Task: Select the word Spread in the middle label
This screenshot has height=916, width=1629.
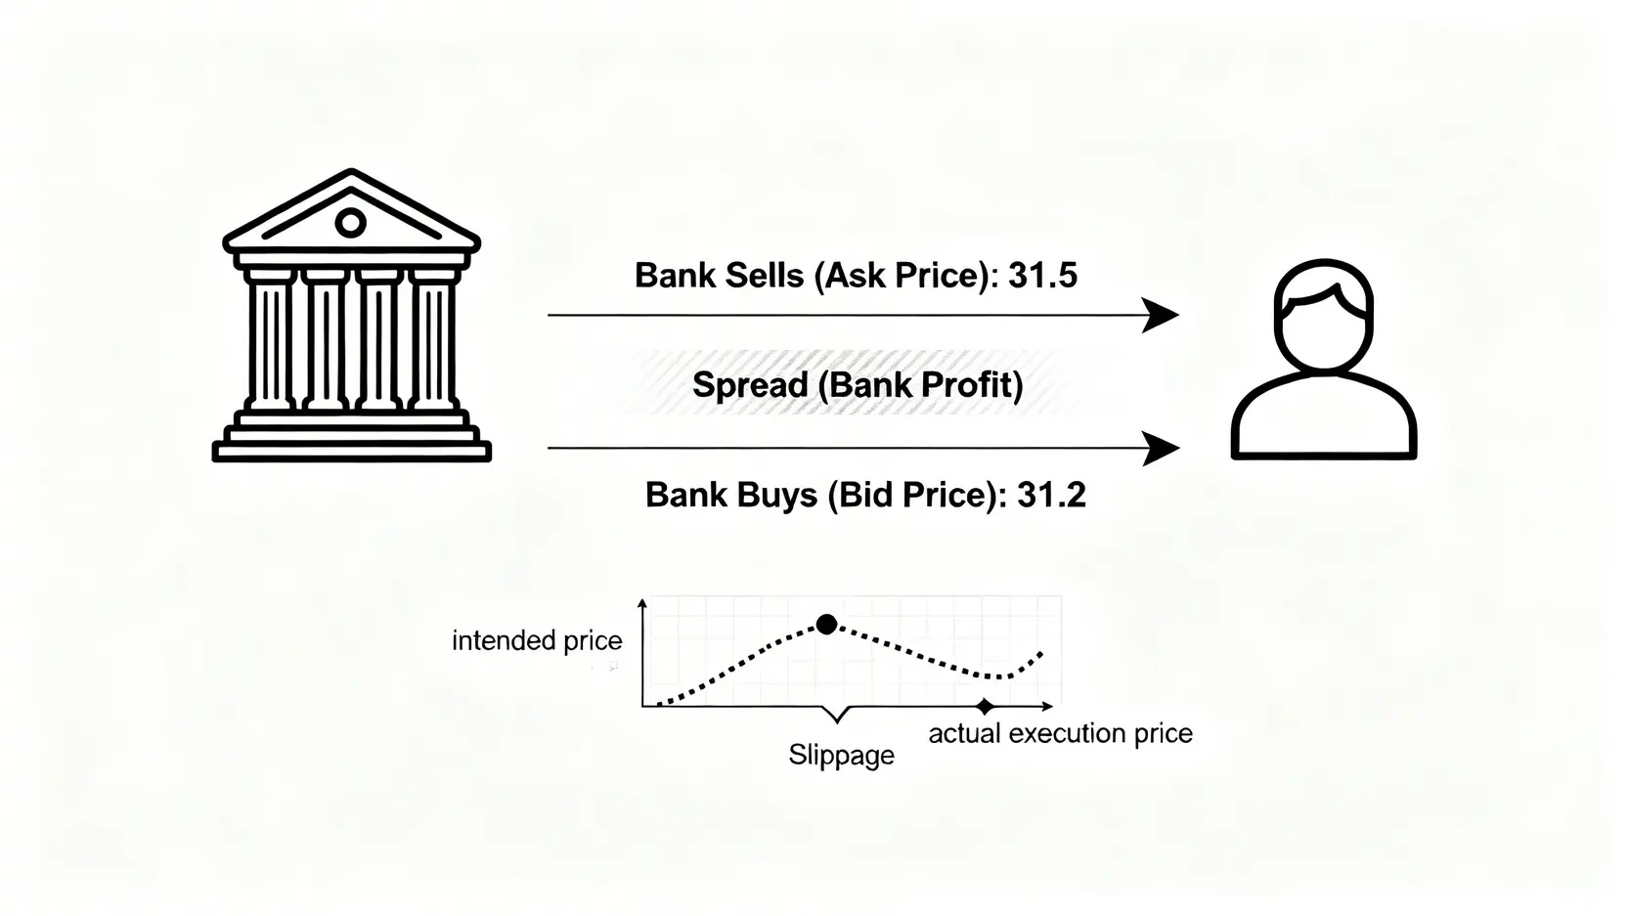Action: tap(749, 385)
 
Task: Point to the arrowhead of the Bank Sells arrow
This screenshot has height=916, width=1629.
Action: tap(1162, 316)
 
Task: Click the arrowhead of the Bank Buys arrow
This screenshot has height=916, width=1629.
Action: tap(1162, 448)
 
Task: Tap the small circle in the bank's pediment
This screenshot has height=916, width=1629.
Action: tap(350, 223)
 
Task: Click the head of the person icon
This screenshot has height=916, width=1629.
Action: tap(1324, 311)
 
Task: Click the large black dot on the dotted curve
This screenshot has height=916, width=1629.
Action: tap(826, 624)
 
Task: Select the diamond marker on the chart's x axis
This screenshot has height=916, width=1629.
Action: tap(985, 706)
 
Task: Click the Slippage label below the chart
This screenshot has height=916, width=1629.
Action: tap(841, 755)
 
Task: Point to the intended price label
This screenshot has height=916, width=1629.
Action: tap(537, 641)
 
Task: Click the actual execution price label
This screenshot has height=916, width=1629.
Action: tap(1060, 733)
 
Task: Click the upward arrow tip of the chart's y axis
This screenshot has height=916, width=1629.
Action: tap(642, 604)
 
